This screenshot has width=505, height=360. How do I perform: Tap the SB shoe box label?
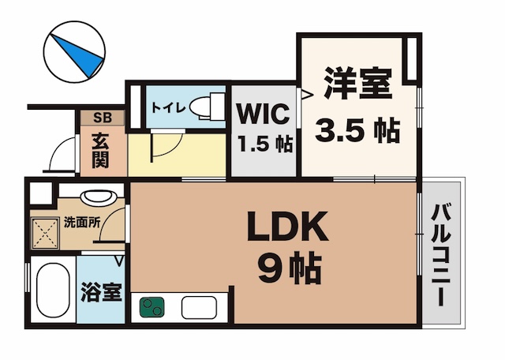pyautogui.click(x=103, y=118)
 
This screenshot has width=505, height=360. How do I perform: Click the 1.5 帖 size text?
pyautogui.click(x=264, y=144)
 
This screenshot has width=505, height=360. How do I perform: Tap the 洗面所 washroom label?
pyautogui.click(x=81, y=223)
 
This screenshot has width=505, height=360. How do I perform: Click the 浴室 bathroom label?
pyautogui.click(x=102, y=292)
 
